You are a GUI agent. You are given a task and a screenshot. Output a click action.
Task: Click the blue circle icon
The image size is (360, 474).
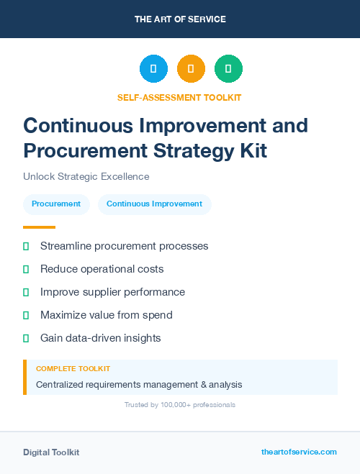[153, 68]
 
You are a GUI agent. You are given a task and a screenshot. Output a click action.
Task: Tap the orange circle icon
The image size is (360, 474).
[191, 68]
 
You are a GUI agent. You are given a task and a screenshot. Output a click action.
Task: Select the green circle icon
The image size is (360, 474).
[228, 68]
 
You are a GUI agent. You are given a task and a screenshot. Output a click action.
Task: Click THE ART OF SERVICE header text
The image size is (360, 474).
[180, 19]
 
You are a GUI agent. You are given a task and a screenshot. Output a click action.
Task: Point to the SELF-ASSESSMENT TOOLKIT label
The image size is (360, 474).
[179, 97]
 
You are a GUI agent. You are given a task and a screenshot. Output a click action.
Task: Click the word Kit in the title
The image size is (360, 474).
[252, 150]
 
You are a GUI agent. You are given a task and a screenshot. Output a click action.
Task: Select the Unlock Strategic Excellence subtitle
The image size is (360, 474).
[86, 176]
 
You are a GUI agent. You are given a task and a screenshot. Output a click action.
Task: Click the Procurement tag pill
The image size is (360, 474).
[56, 204]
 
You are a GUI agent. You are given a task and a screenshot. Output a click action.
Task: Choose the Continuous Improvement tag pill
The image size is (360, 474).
[154, 204]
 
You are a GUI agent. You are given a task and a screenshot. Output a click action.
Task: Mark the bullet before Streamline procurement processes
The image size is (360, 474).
[26, 247]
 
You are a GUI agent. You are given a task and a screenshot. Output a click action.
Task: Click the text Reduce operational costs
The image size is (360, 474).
[102, 269]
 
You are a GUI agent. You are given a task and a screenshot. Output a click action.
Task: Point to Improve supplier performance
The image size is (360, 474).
[112, 292]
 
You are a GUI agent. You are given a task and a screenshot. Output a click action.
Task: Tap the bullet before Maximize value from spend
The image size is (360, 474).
[26, 315]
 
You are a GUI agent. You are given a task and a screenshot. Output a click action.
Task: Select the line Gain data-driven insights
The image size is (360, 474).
[100, 338]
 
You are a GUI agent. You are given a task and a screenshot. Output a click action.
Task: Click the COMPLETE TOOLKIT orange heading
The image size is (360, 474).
[73, 368]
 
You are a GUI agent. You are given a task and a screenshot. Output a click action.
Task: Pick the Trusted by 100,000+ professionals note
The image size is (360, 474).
[179, 405]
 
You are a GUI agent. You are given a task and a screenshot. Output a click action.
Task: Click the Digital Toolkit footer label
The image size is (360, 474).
[51, 452]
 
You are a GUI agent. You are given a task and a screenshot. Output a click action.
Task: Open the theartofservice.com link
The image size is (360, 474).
[299, 452]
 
